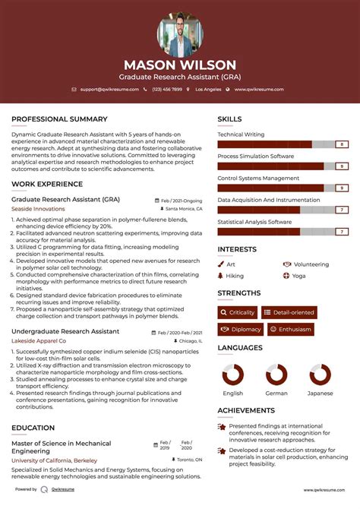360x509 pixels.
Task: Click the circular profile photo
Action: [180, 33]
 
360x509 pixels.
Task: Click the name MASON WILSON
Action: [180, 65]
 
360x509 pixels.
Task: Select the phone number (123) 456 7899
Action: [166, 90]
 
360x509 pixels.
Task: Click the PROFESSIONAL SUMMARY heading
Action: [59, 119]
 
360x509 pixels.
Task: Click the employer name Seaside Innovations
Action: [38, 208]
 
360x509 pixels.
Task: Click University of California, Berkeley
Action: [53, 460]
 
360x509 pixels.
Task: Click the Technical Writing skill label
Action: [241, 134]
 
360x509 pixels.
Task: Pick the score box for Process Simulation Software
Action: [343, 166]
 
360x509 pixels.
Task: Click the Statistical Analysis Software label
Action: [254, 222]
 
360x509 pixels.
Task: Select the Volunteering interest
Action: [311, 264]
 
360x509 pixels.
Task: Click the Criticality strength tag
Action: [237, 312]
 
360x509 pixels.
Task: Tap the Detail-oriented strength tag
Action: [289, 312]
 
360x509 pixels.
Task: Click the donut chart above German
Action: [276, 375]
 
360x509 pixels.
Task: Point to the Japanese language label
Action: [320, 393]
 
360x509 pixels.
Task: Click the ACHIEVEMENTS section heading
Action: [246, 410]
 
